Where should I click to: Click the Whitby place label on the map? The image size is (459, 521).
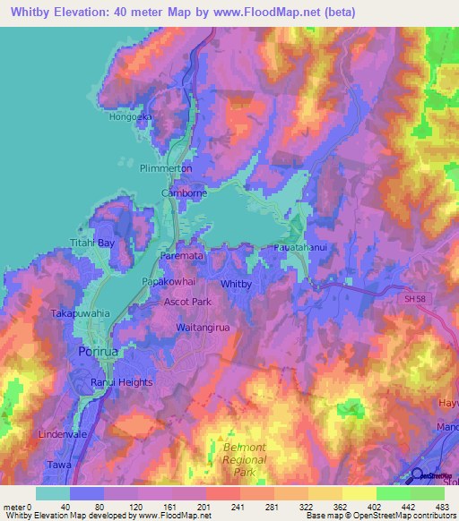236,284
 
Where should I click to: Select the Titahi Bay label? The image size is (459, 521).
117,243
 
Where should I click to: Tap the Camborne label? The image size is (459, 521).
179,193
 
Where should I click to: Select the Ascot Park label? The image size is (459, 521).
187,303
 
